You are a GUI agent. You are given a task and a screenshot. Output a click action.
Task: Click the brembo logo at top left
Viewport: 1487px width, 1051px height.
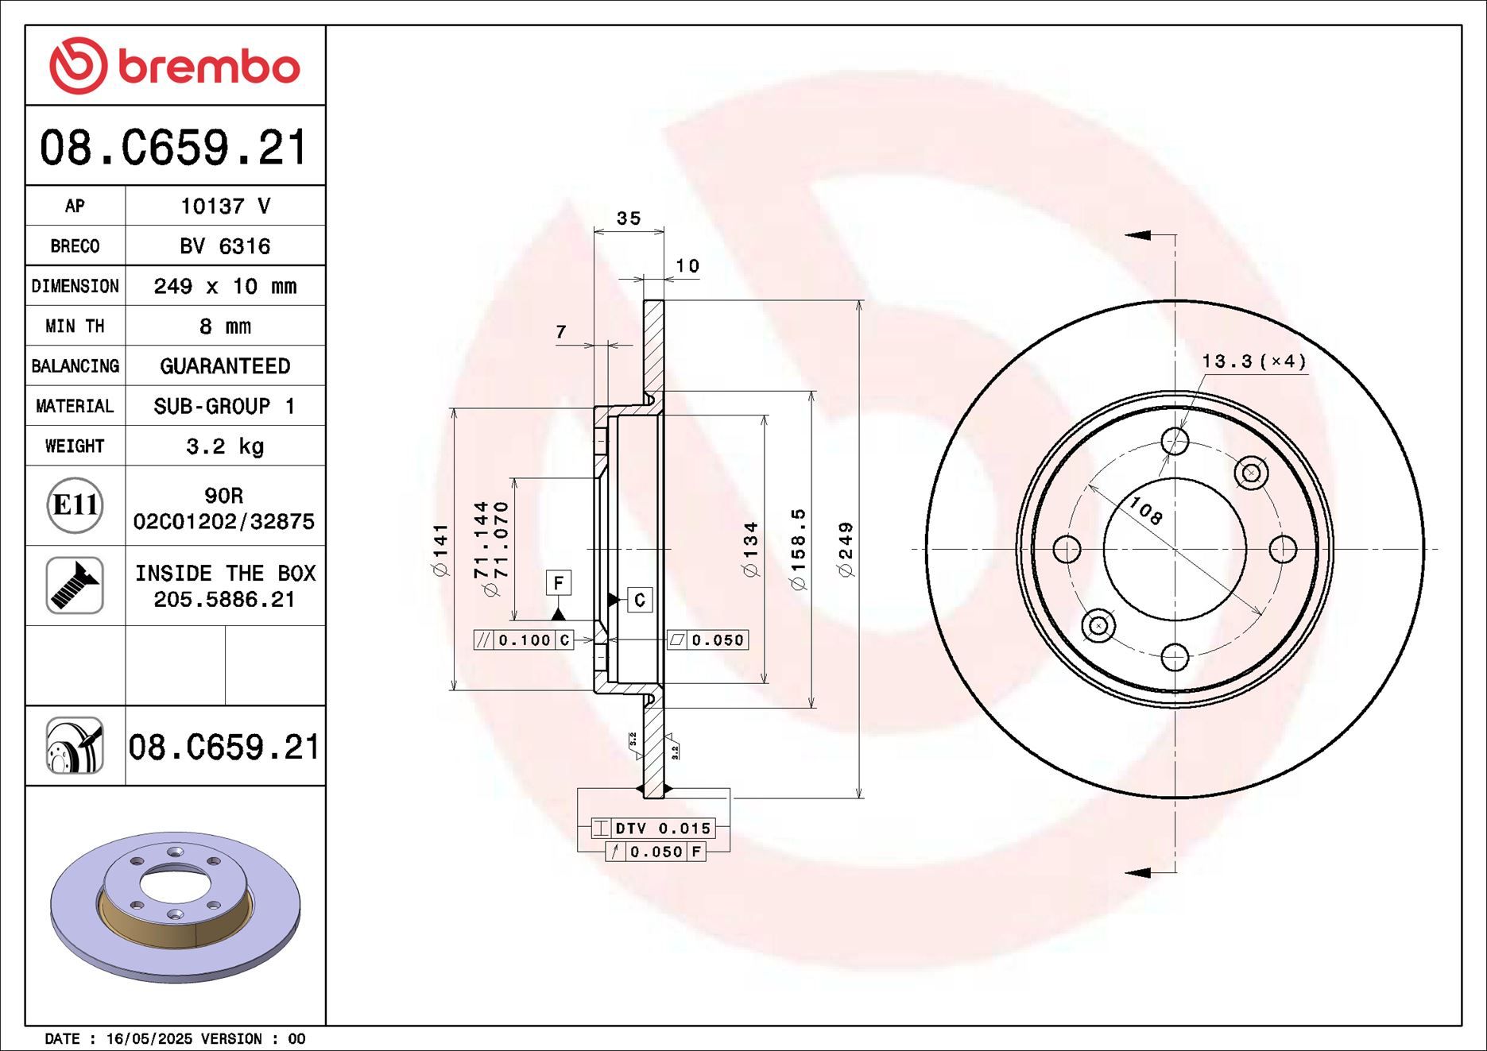174,65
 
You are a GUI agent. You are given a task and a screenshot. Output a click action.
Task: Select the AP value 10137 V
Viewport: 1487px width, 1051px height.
225,206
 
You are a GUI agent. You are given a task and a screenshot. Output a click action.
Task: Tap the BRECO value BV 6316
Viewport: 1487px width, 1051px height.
225,246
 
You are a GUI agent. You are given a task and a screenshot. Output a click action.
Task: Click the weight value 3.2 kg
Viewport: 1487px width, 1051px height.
225,446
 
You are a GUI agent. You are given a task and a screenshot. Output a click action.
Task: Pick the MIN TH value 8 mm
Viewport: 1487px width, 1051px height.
225,326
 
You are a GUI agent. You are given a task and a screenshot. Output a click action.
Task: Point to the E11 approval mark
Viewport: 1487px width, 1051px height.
75,505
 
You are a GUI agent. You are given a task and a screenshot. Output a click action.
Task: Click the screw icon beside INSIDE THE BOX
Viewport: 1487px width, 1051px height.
75,585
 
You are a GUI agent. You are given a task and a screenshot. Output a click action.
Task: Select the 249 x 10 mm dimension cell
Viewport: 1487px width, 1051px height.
225,286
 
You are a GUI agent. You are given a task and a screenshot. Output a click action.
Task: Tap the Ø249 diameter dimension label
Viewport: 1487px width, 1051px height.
846,549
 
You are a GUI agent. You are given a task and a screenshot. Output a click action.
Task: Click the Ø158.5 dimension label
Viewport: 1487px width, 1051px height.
798,549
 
